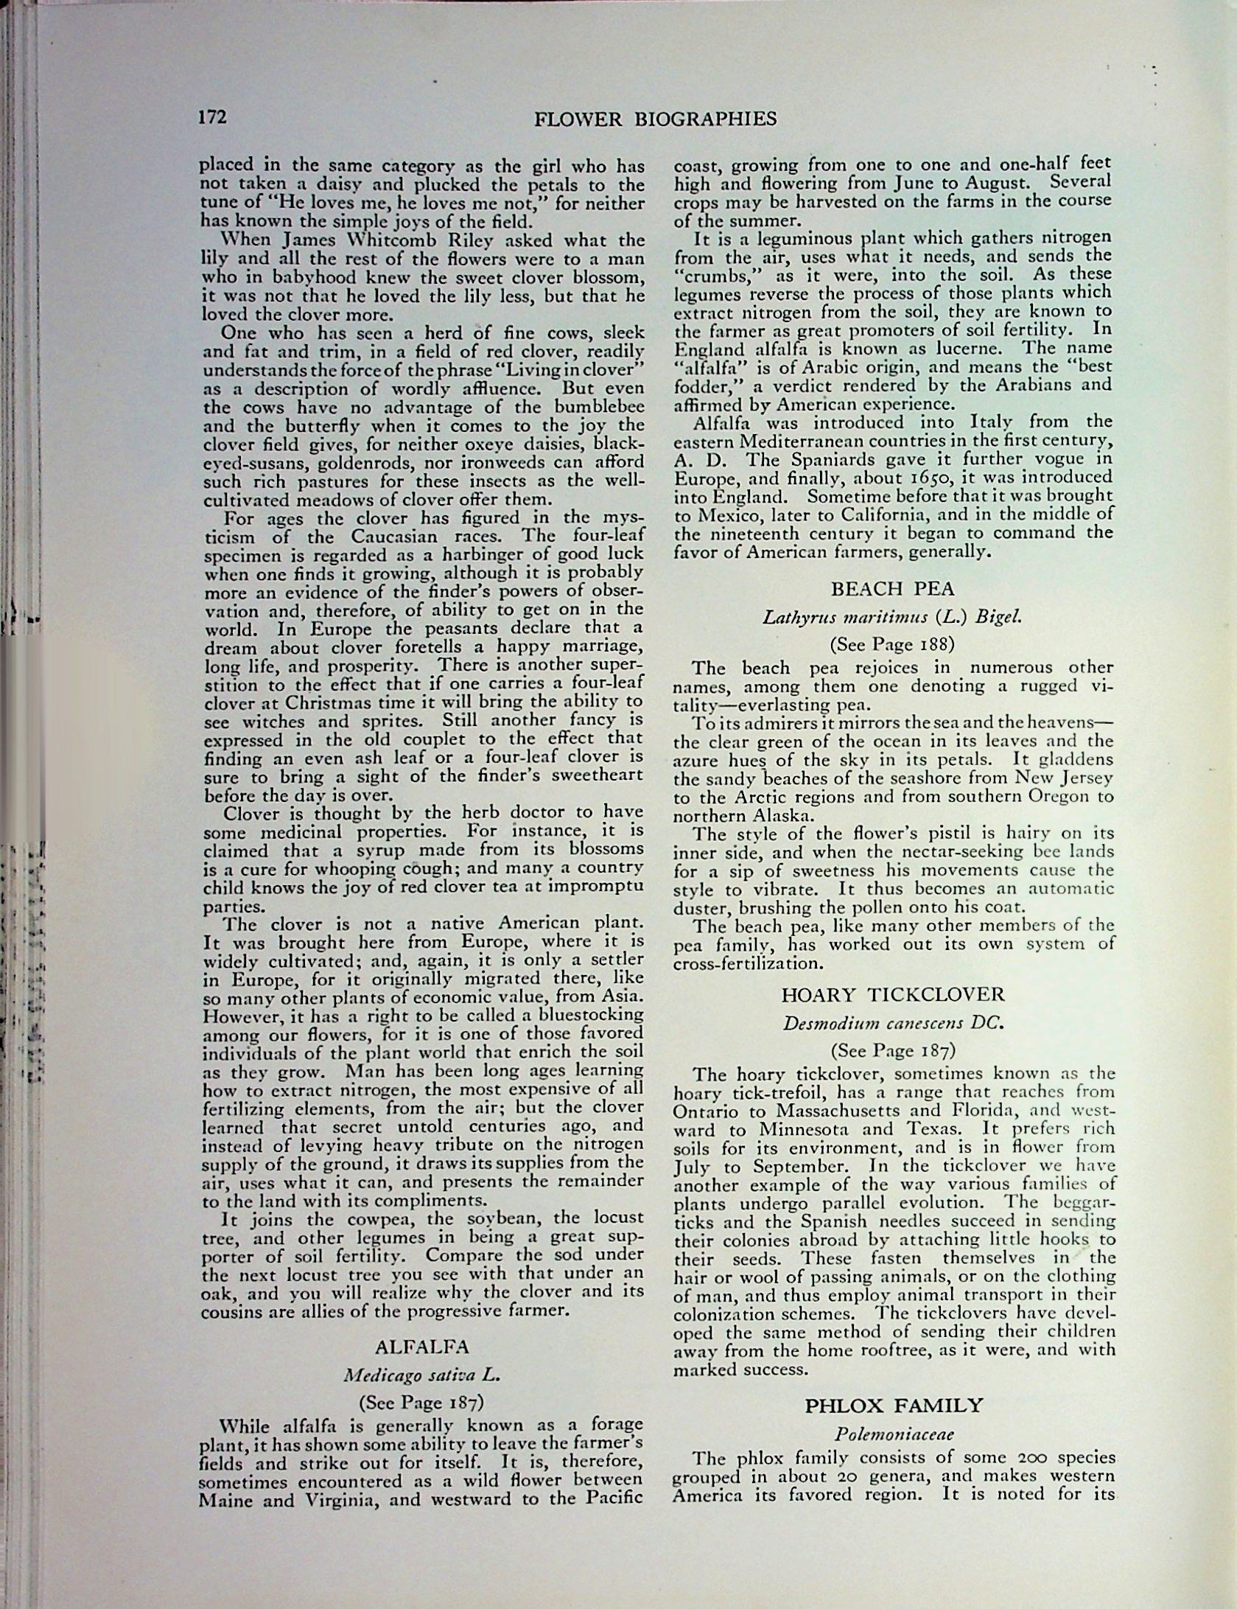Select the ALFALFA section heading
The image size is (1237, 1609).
(x=421, y=1347)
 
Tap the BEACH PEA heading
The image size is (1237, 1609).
(x=892, y=588)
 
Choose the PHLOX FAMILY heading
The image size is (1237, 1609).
(x=894, y=1406)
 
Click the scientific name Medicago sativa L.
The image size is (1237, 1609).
(x=421, y=1374)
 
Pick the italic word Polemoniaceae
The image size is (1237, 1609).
(x=894, y=1434)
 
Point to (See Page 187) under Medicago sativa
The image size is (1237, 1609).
(x=421, y=1400)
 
